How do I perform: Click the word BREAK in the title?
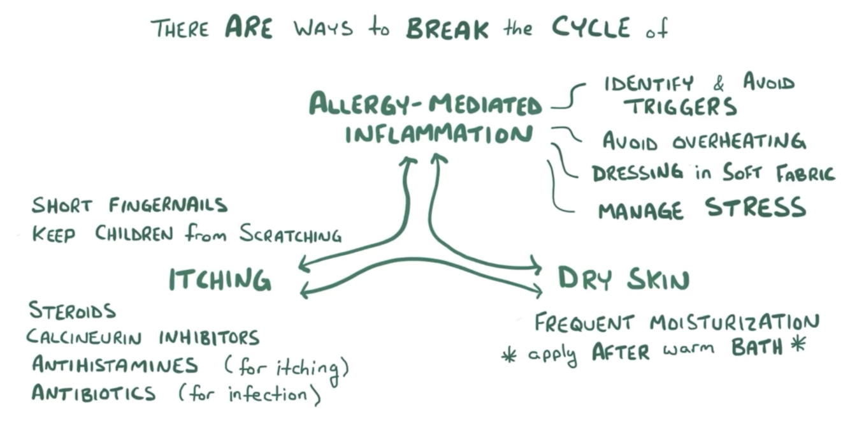(447, 28)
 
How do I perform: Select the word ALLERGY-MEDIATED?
(425, 104)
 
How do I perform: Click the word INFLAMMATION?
(438, 135)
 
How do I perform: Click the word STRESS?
(755, 208)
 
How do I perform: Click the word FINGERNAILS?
(168, 205)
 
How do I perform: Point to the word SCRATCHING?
(290, 234)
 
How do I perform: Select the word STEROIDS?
(72, 311)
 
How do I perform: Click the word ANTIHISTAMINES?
(115, 366)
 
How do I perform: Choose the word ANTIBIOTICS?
(94, 392)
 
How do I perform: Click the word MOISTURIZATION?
(734, 322)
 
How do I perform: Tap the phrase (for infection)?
(250, 394)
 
